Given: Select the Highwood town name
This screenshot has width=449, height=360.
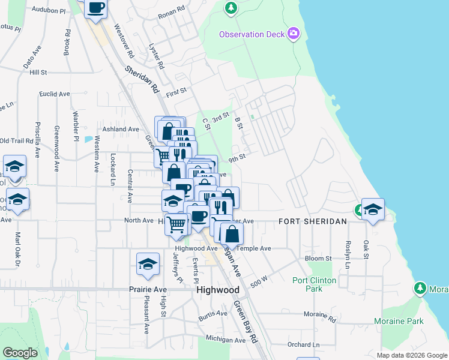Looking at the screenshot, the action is click(218, 289).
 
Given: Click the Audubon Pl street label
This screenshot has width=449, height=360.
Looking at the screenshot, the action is click(49, 10).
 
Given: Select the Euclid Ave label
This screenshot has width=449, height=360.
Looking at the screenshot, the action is click(55, 94).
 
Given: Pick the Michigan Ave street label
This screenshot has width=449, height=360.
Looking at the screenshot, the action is click(225, 340).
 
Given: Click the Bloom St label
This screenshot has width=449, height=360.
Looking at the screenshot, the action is click(318, 259).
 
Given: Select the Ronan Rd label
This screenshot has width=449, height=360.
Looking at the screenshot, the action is click(170, 15).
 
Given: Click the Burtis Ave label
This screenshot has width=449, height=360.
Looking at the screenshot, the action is click(214, 313).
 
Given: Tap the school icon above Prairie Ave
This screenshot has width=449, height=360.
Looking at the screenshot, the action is click(148, 264).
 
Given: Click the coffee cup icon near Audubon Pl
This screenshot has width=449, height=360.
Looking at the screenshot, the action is click(96, 8).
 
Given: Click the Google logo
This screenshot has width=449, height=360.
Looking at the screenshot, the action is click(20, 353).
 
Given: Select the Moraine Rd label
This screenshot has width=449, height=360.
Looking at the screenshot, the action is click(319, 314).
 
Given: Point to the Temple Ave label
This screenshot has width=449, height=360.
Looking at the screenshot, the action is click(255, 248).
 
